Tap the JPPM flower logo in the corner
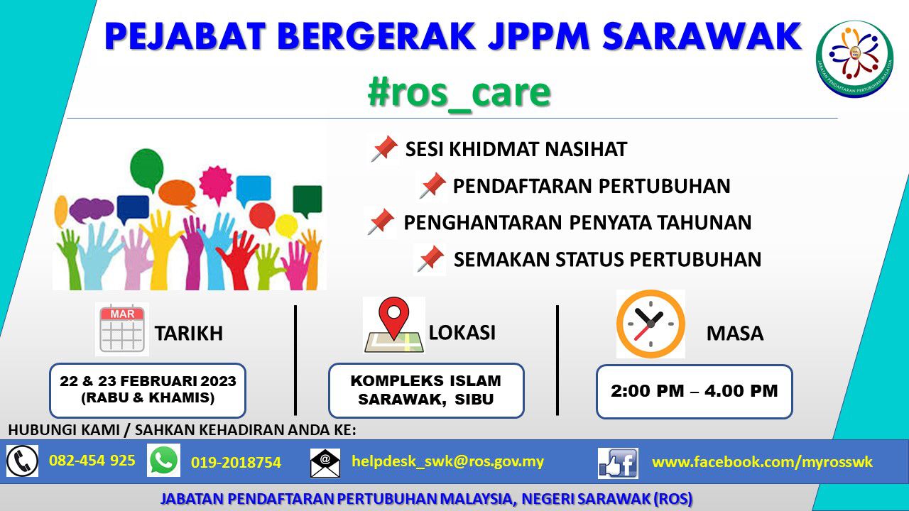(854, 59)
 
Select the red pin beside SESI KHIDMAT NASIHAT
(384, 148)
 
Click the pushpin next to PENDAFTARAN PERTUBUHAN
(432, 185)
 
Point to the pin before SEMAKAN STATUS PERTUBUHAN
(430, 259)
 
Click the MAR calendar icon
(122, 329)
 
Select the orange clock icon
(651, 324)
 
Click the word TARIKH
(189, 334)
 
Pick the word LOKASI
(462, 333)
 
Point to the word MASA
(735, 334)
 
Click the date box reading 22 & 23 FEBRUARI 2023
(148, 390)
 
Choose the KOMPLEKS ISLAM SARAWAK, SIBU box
(426, 390)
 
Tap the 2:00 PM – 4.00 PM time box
(695, 391)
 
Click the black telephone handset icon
(22, 461)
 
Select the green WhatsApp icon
(163, 461)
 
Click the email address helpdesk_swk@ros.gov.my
(447, 461)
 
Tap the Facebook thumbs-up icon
(618, 463)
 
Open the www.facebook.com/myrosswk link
(762, 462)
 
